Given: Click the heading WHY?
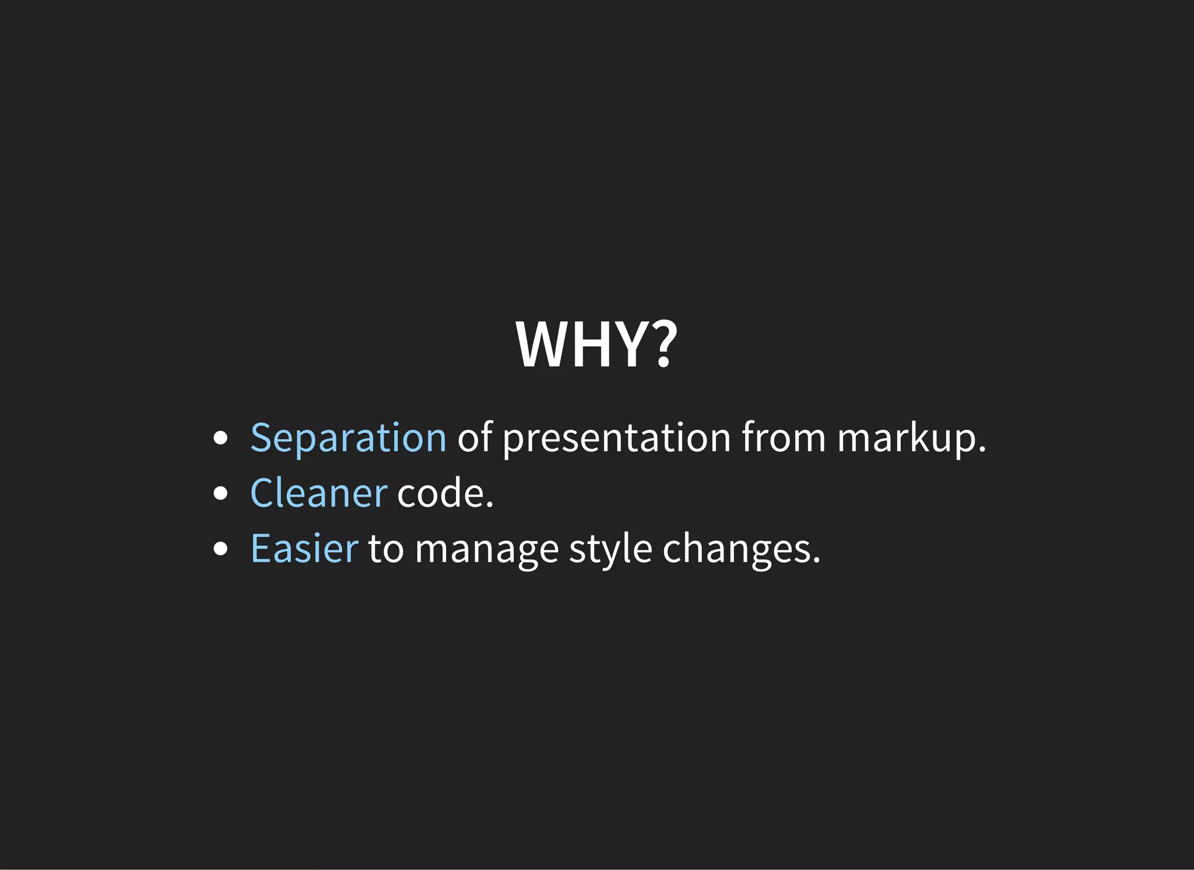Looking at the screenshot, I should (596, 345).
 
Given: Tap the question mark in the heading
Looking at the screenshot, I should (662, 345).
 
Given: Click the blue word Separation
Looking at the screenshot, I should (348, 438).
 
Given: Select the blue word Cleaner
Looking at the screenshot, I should (318, 493).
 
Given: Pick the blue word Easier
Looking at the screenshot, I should (304, 549).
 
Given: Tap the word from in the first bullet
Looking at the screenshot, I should (784, 438).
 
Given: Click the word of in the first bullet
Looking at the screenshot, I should (475, 437).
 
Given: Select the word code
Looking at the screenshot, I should (441, 493).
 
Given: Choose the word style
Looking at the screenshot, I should (610, 550).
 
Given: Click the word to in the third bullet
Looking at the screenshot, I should (385, 550).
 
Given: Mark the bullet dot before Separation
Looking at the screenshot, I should (220, 438).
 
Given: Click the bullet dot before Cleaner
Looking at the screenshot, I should (220, 493).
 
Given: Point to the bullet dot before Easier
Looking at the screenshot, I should (220, 549).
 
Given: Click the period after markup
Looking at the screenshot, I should (982, 450).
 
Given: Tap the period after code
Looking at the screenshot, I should (489, 505).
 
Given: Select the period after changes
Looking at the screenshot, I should (816, 560).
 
